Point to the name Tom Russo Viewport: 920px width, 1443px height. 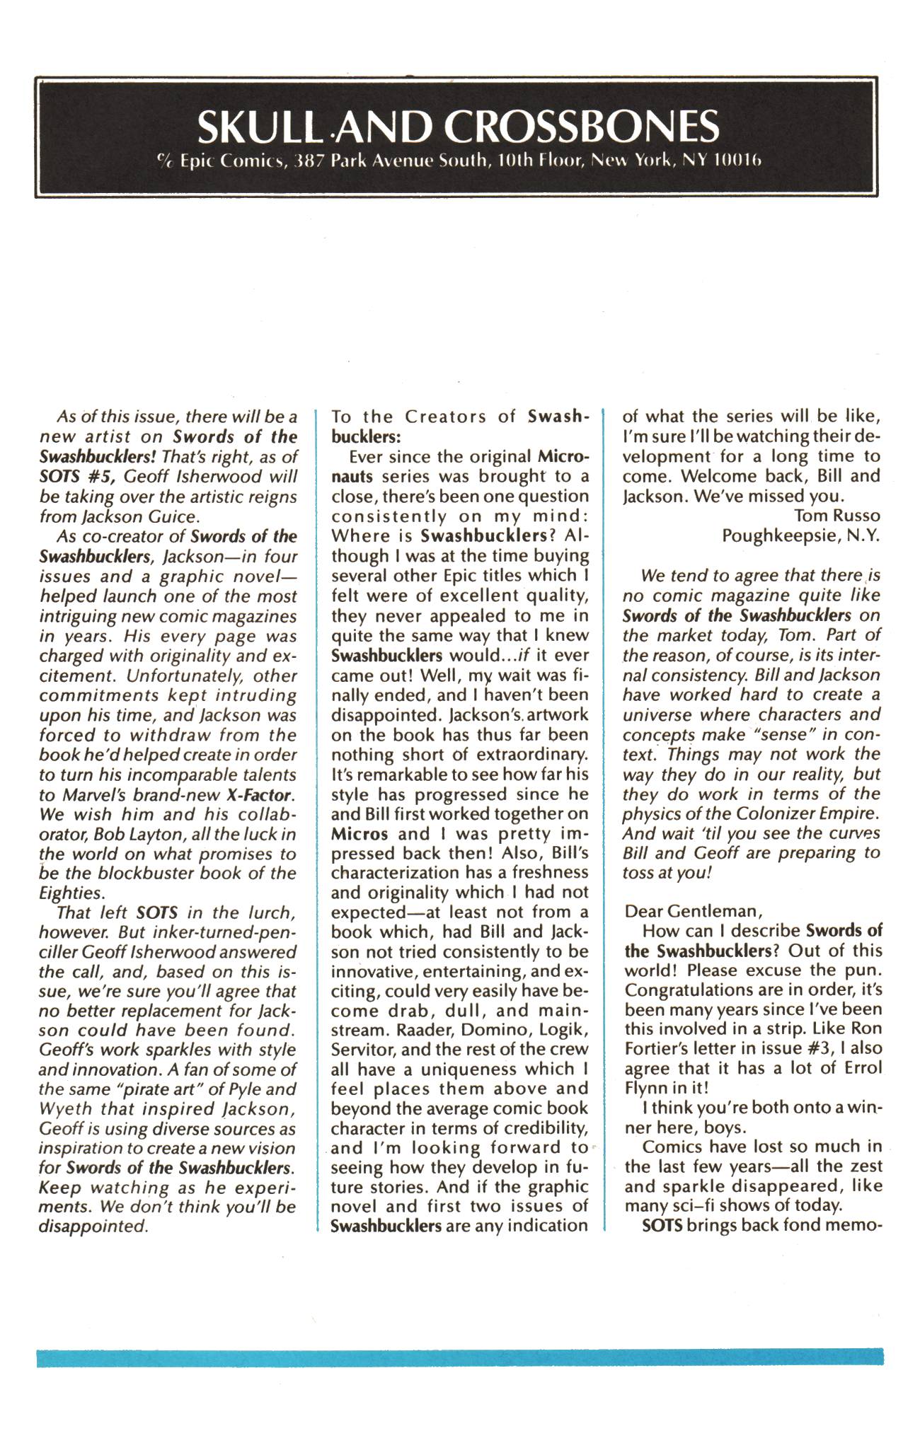click(x=837, y=515)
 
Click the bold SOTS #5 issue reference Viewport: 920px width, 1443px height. click(x=75, y=476)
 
